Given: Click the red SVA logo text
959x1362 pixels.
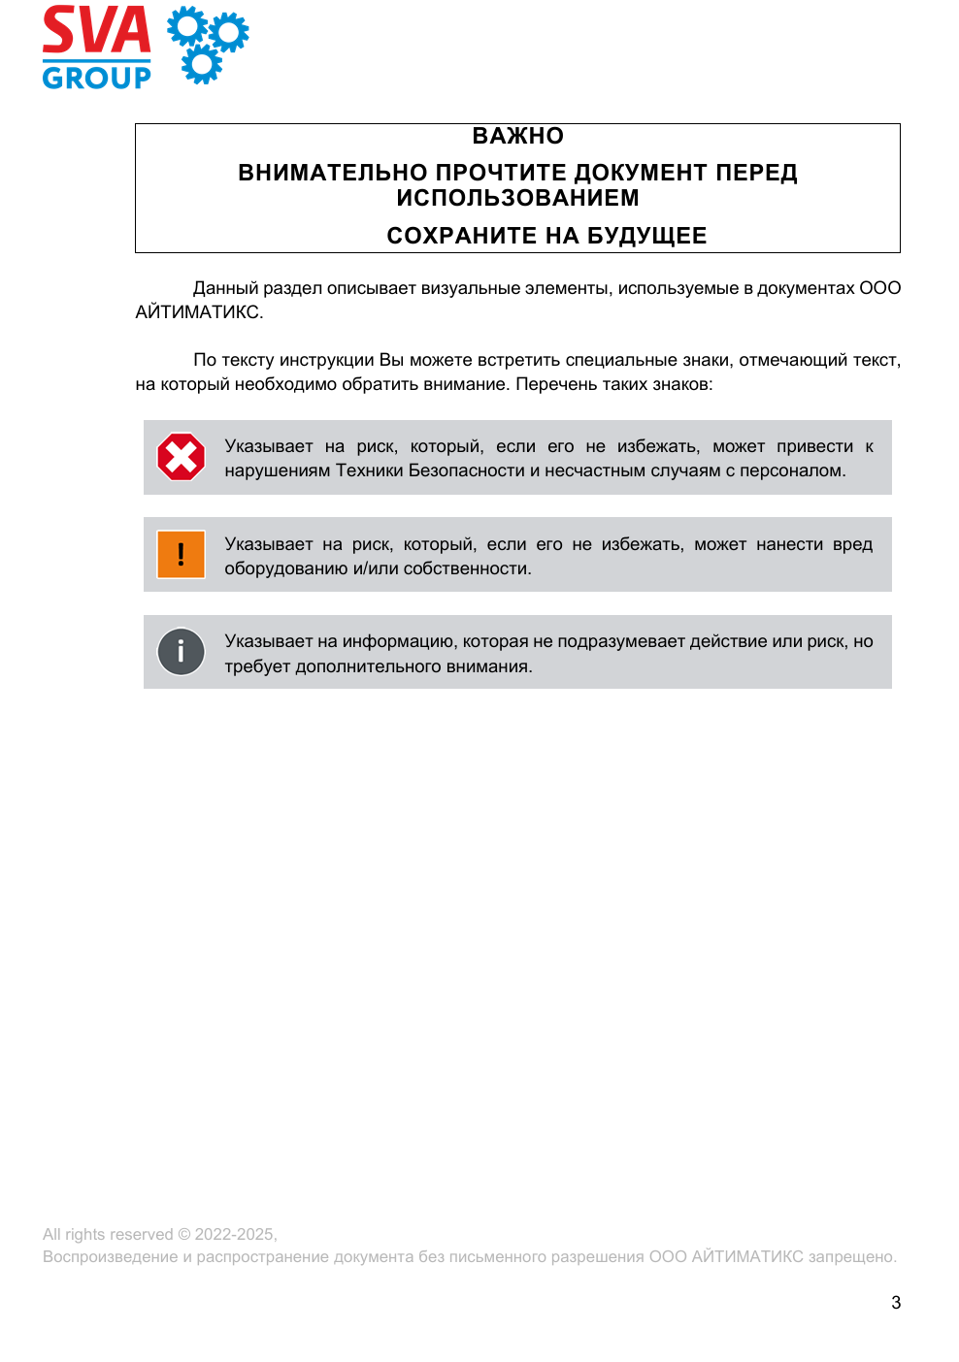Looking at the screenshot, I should (x=96, y=31).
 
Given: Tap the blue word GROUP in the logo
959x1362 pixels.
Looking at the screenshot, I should (x=96, y=77).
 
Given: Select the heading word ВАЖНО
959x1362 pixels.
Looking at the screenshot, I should (x=517, y=136).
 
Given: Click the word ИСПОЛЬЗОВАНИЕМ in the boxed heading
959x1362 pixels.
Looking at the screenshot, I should (x=517, y=198).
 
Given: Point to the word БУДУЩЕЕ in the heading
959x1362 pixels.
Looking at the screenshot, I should (x=646, y=236).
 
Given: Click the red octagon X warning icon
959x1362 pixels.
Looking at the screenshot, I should (x=182, y=457).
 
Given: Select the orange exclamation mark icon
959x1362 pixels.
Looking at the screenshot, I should (x=182, y=554).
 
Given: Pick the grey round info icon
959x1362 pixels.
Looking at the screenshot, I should (x=182, y=652).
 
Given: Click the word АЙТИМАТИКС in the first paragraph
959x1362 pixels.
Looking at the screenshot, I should (x=197, y=312).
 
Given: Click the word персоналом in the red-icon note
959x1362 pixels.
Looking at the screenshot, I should (x=791, y=470).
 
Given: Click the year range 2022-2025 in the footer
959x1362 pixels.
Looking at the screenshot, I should (x=235, y=1234).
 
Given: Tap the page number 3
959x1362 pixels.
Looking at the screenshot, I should (x=896, y=1303).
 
